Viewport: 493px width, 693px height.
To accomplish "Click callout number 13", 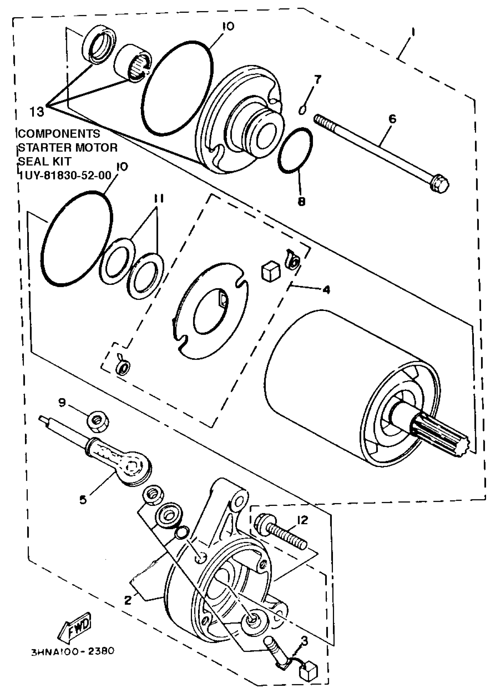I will pyautogui.click(x=37, y=112).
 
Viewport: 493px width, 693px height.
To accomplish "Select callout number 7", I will pyautogui.click(x=317, y=80).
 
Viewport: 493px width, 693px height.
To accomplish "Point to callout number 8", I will pyautogui.click(x=301, y=201).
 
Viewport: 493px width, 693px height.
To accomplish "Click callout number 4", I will pyautogui.click(x=326, y=290).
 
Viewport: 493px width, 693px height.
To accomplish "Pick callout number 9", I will pyautogui.click(x=62, y=403).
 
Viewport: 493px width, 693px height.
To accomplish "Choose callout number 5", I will pyautogui.click(x=83, y=499).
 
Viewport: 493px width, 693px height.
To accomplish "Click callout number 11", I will pyautogui.click(x=158, y=199).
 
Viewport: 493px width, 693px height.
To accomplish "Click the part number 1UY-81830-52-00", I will pyautogui.click(x=65, y=175).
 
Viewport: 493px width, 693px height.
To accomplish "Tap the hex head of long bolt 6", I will pyautogui.click(x=440, y=184).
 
